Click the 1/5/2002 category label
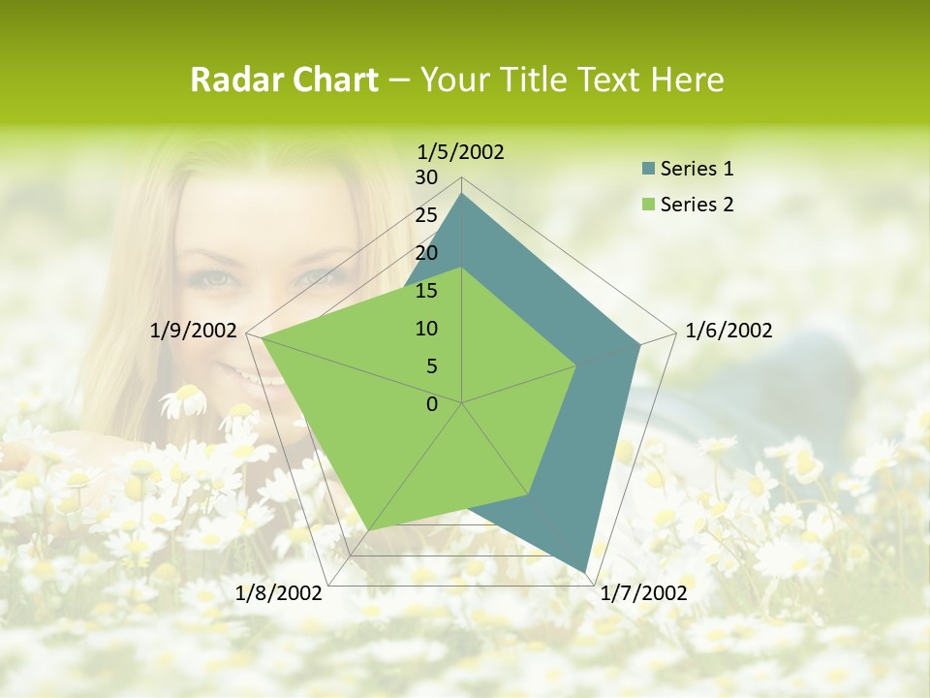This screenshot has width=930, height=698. tap(461, 152)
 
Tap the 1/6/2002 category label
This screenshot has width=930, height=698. tap(728, 331)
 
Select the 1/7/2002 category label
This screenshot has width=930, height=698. tap(643, 592)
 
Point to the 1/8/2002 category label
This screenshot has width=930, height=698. tap(279, 592)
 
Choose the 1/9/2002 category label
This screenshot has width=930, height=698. tap(194, 331)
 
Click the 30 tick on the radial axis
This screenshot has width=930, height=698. tap(426, 177)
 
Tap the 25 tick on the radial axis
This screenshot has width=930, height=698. tap(426, 215)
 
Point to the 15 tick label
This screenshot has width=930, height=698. tap(426, 291)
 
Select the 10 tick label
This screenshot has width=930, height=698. tap(426, 329)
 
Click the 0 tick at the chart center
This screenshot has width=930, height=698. tap(432, 404)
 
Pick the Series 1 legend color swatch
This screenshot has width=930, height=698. tap(648, 169)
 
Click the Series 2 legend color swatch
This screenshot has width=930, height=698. tap(648, 205)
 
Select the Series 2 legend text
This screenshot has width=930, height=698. tap(697, 205)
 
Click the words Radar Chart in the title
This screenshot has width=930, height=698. tap(284, 80)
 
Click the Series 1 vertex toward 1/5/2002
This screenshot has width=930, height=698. tap(462, 194)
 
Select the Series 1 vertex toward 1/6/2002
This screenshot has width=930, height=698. tap(639, 344)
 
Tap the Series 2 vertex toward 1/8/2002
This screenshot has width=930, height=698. tap(369, 530)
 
